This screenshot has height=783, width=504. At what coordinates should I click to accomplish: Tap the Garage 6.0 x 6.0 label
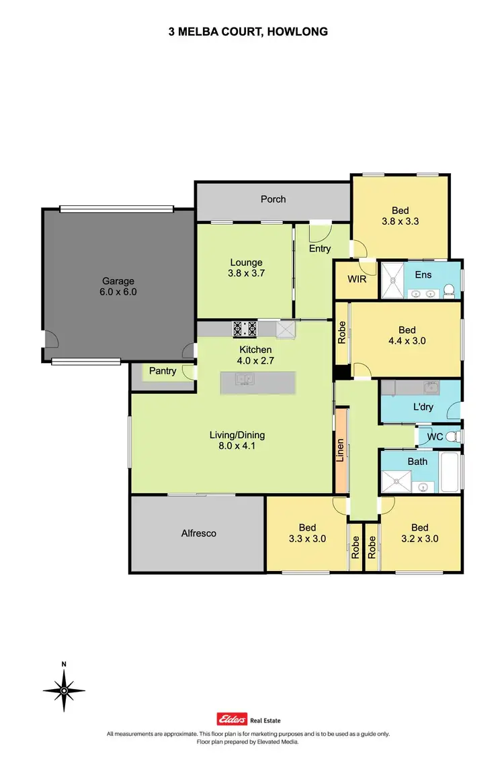point(118,286)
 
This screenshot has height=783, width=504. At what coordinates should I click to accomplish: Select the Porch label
point(274,199)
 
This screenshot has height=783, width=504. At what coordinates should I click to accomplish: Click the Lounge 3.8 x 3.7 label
point(245,268)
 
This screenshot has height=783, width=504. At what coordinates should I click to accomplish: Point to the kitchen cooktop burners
point(245,329)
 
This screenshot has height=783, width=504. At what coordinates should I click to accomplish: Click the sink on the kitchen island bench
point(243,380)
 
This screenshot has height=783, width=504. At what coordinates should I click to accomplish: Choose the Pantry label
point(162,371)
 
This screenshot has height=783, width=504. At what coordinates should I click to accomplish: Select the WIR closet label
point(356,278)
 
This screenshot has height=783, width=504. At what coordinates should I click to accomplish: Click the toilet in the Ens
point(450,290)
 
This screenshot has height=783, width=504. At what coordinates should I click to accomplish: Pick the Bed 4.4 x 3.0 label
point(407,335)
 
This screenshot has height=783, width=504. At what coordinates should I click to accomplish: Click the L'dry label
point(422,408)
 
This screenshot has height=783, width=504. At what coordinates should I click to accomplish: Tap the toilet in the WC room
point(452,437)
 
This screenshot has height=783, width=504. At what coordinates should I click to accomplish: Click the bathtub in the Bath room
point(450,472)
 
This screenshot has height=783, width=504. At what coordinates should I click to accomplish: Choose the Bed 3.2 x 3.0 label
point(420,533)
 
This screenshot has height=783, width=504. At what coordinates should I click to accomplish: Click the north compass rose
point(64,690)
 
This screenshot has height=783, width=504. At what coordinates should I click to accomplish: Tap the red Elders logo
point(230,717)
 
